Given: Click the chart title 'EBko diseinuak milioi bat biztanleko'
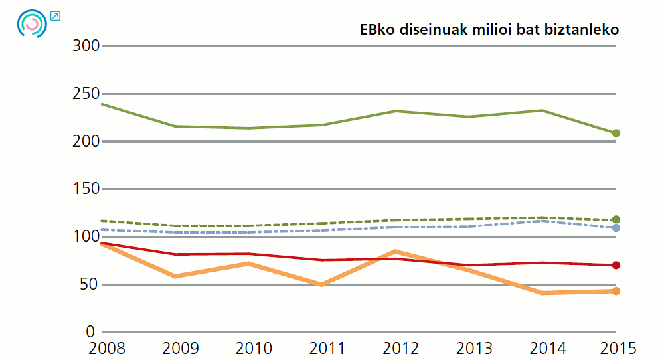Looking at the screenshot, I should click(x=489, y=30).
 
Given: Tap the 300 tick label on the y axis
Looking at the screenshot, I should click(x=86, y=46).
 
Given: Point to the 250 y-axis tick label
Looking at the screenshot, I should click(x=86, y=94).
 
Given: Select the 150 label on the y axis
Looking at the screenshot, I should click(x=86, y=189).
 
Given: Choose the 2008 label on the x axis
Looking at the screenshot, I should click(x=106, y=348).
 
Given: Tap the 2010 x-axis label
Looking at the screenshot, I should click(x=254, y=348).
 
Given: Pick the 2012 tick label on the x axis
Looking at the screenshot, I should click(x=401, y=348).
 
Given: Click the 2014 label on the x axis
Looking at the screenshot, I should click(x=548, y=348).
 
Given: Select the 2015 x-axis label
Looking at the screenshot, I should click(x=618, y=348).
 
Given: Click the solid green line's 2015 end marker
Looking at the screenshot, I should click(x=616, y=134).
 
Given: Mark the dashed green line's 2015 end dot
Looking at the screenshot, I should click(x=616, y=220).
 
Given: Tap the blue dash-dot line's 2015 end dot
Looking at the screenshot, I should click(x=616, y=228).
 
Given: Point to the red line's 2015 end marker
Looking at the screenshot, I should click(x=616, y=266).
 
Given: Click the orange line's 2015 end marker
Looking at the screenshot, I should click(x=616, y=291).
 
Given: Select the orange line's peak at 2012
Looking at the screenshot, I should click(x=395, y=252).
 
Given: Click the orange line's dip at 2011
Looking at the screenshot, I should click(x=322, y=284).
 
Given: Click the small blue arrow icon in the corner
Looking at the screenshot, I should click(x=55, y=15).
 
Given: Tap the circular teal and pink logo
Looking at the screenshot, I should click(x=32, y=23).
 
